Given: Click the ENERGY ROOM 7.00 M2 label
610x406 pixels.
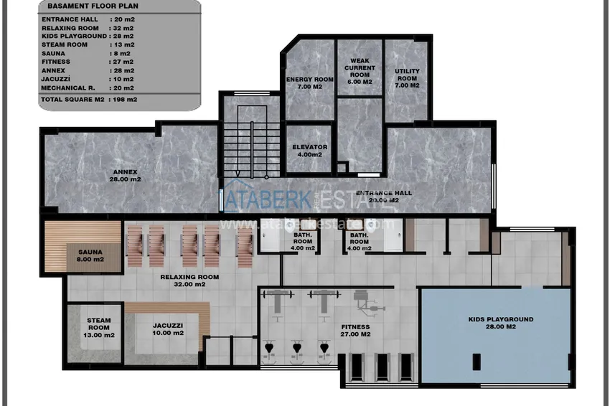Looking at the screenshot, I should (x=310, y=82).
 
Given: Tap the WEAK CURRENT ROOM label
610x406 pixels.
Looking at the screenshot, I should (x=360, y=72).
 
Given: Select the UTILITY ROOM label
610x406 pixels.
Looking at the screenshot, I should (x=407, y=78).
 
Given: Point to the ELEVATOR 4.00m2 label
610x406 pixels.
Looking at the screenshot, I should (x=310, y=151).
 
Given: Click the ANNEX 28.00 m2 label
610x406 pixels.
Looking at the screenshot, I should (x=126, y=176).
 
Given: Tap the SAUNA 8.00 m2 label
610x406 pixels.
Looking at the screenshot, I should (x=92, y=255).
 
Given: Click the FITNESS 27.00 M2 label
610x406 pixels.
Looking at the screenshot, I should (x=356, y=331).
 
